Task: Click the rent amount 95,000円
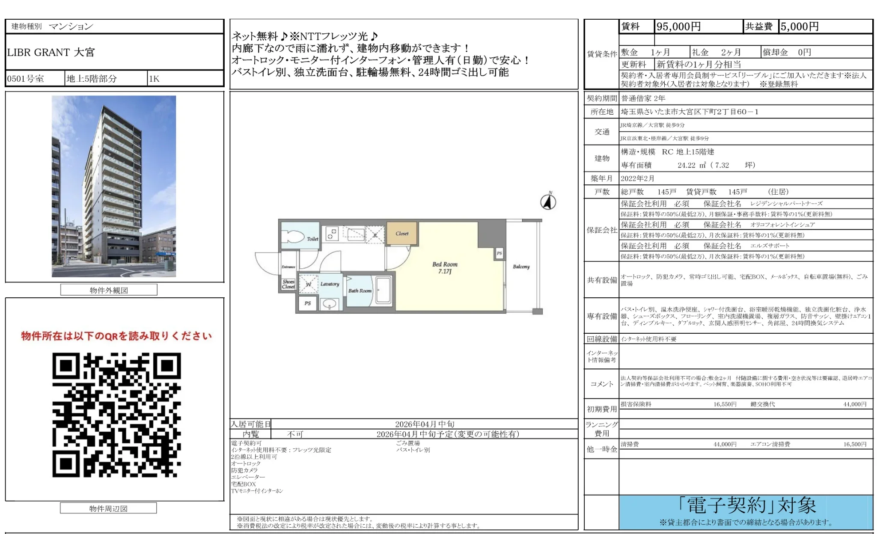click(678, 27)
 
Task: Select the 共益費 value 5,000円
click(800, 27)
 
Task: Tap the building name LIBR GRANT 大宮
click(51, 52)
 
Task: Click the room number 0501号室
click(26, 79)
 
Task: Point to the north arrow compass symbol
click(548, 202)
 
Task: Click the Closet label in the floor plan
click(402, 234)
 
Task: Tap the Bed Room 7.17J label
click(445, 268)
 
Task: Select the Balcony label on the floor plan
click(521, 267)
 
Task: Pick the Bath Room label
click(360, 291)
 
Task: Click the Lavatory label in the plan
click(330, 284)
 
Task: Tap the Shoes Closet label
click(288, 284)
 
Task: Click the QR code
click(116, 415)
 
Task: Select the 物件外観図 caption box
click(109, 290)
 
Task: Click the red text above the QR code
click(116, 336)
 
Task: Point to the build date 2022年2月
click(637, 178)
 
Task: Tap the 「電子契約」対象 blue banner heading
click(746, 506)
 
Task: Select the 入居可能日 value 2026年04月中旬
click(425, 424)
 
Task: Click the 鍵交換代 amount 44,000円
click(854, 404)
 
